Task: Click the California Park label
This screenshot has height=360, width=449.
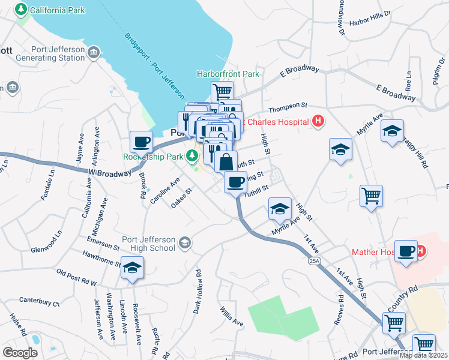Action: (x=57, y=10)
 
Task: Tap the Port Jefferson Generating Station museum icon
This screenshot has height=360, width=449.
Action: (x=93, y=53)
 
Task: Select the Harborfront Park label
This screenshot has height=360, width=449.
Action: (x=228, y=74)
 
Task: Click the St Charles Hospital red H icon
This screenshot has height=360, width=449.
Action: (x=318, y=121)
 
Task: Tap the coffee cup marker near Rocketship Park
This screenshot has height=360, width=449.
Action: (x=141, y=142)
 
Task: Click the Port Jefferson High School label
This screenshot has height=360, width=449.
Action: (x=149, y=244)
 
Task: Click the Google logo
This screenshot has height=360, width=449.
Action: (x=20, y=353)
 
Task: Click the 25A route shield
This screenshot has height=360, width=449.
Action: (x=314, y=261)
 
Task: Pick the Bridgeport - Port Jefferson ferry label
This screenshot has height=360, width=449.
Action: (x=154, y=65)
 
